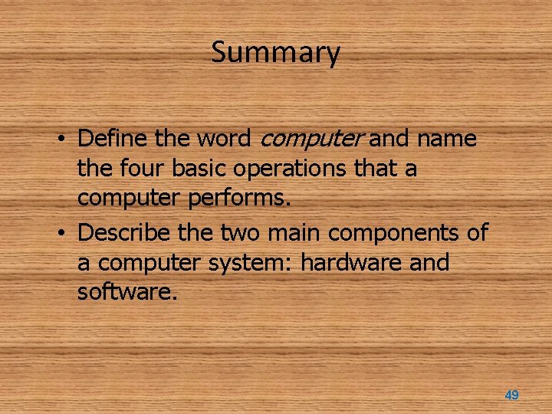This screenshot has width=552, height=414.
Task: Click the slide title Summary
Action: [x=275, y=53]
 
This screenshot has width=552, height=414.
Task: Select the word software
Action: [x=127, y=291]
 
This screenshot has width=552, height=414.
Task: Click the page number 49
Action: [x=511, y=395]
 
